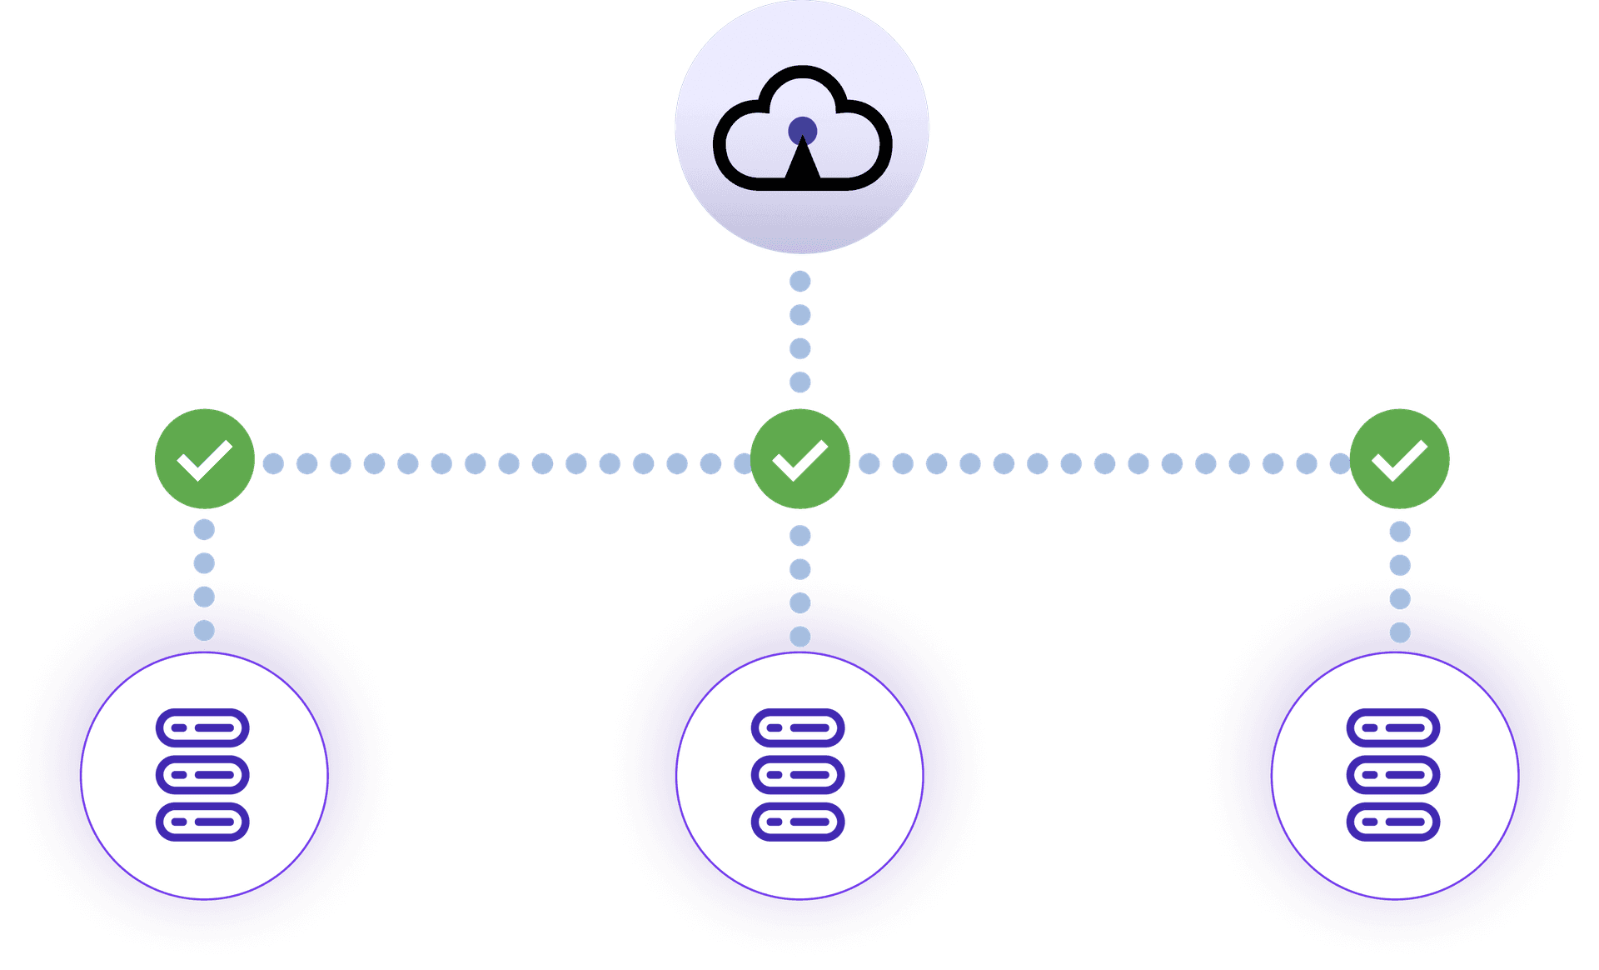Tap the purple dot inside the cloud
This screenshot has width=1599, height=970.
click(802, 131)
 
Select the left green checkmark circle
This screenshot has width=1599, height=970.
click(204, 459)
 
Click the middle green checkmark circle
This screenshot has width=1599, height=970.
click(799, 459)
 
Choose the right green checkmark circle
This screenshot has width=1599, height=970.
click(1399, 459)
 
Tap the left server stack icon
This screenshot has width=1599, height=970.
click(202, 775)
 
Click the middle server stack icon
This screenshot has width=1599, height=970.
click(798, 775)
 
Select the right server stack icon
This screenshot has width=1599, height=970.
click(1393, 775)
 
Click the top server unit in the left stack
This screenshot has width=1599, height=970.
click(202, 727)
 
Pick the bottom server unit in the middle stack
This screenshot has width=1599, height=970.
click(798, 822)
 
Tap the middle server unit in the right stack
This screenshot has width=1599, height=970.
click(1393, 775)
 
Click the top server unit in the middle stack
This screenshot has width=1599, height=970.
click(798, 727)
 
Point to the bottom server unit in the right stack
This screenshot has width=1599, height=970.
click(1393, 822)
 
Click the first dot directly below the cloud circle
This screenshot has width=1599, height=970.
click(800, 282)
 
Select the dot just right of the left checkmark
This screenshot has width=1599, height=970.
click(273, 463)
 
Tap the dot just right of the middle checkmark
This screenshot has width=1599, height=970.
click(869, 463)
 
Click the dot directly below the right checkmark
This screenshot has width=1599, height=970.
click(1400, 532)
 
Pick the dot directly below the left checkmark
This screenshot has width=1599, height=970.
click(204, 530)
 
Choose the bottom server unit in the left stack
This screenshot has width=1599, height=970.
click(202, 822)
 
